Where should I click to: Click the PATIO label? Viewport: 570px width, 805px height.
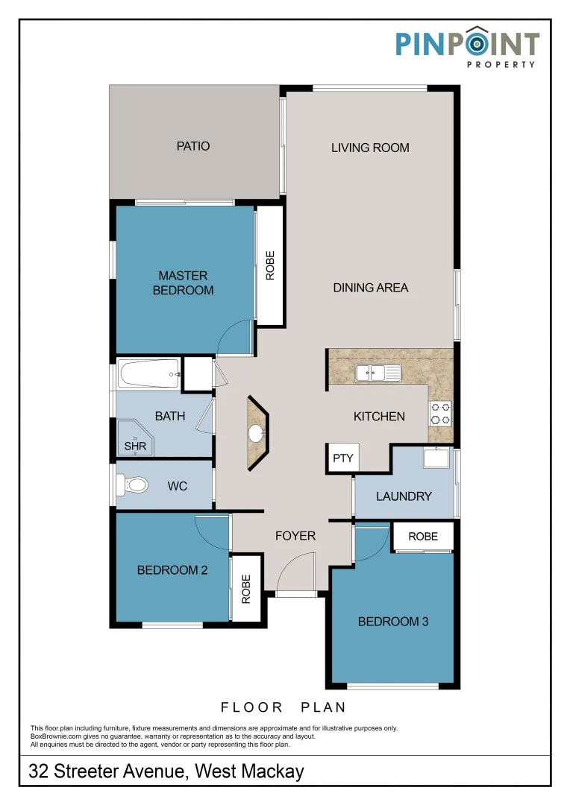(x=192, y=146)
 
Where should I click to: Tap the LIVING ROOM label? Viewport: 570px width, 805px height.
(x=370, y=148)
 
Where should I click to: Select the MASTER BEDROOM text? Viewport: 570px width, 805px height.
(x=183, y=283)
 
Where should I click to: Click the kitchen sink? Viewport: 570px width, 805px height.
(x=378, y=373)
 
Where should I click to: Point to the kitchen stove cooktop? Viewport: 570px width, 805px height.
(x=440, y=414)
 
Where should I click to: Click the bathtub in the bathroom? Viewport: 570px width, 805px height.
(x=149, y=373)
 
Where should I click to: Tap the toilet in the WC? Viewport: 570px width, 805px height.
(x=132, y=484)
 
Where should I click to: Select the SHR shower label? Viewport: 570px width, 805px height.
(x=135, y=446)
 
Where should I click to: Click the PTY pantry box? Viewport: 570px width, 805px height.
(x=343, y=458)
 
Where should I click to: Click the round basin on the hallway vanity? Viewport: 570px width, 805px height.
(x=257, y=433)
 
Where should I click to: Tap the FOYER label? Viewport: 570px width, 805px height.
(x=295, y=536)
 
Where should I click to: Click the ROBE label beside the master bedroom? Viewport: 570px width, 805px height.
(x=270, y=265)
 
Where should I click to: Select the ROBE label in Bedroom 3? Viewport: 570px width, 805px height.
(x=423, y=537)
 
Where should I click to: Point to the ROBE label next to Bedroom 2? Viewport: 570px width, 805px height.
(x=245, y=589)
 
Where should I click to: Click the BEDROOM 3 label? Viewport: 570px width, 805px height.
(x=393, y=622)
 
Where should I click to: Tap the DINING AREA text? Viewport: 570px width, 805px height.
(x=371, y=288)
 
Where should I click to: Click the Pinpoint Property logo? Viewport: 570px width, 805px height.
(x=467, y=47)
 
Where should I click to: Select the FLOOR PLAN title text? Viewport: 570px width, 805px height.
(x=284, y=707)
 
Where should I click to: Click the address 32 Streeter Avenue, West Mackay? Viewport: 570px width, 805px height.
(x=166, y=771)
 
